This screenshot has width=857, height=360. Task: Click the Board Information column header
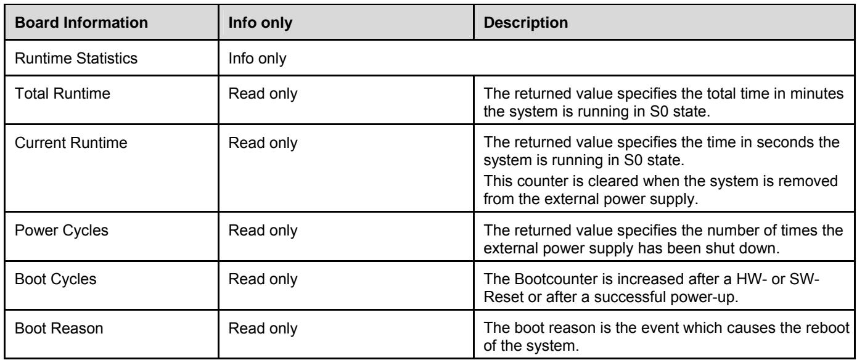coord(81,23)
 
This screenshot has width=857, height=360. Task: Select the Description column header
coord(526,23)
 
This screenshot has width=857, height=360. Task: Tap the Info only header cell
coord(260,23)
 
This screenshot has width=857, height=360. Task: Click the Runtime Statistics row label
coord(76,58)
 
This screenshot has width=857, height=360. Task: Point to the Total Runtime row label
coord(62,93)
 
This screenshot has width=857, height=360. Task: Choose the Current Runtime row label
coord(71,142)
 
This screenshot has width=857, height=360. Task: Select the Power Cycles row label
coord(61,231)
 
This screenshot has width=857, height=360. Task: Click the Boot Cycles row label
coord(55,279)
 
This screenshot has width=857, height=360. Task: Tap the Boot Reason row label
coord(59,328)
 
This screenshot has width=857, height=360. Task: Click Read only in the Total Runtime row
coord(263,94)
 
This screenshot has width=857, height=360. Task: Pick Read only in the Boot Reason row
coord(263,329)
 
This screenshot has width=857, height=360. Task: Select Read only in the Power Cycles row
coord(263,231)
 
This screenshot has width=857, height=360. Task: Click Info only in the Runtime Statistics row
coord(257,59)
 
